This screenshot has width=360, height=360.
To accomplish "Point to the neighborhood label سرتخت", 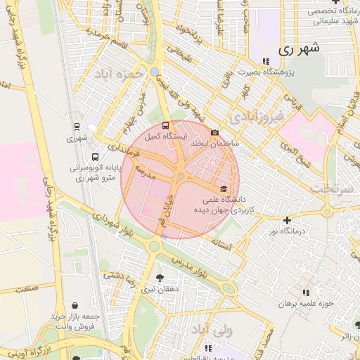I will [x=330, y=189].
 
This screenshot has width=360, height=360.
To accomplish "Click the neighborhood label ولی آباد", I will [x=231, y=329].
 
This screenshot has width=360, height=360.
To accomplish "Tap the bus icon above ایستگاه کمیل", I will [x=166, y=126].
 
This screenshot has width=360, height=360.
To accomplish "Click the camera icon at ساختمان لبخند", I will [x=214, y=132].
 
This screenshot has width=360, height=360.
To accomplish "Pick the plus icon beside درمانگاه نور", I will [x=287, y=220].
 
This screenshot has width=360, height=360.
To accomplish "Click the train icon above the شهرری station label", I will [x=77, y=127].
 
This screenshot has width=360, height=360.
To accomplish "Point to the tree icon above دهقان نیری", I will [x=160, y=278].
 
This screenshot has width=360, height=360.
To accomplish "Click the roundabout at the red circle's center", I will [x=181, y=176].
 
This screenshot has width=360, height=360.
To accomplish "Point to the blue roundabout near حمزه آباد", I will [x=154, y=72].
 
